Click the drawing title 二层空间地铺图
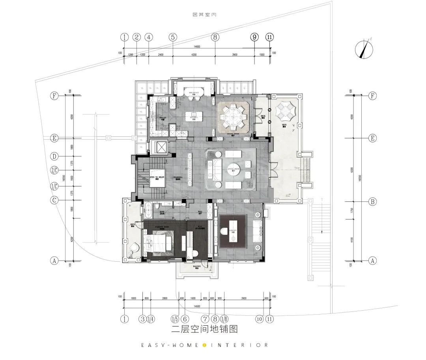click(205, 328)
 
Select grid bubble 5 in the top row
click(173, 37)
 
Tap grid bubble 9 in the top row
click(254, 37)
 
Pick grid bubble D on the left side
click(54, 156)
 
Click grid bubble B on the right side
click(372, 202)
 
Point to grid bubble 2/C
click(54, 171)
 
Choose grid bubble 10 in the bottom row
click(259, 319)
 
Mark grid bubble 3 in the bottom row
click(142, 319)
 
